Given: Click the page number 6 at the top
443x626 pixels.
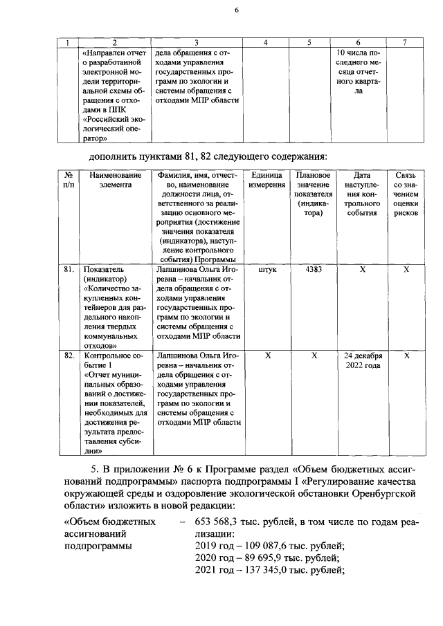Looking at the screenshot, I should pyautogui.click(x=236, y=10).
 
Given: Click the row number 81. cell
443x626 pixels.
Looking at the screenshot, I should pyautogui.click(x=69, y=270).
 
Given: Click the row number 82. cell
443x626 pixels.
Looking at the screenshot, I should pyautogui.click(x=69, y=356).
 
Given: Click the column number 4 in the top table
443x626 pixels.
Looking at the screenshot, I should pyautogui.click(x=266, y=43).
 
